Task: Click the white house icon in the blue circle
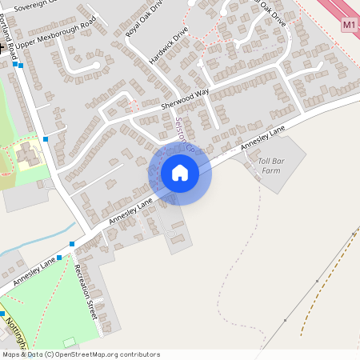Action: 180,173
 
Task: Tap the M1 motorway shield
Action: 349,25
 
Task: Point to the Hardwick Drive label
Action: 168,50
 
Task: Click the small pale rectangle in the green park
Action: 70,342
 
